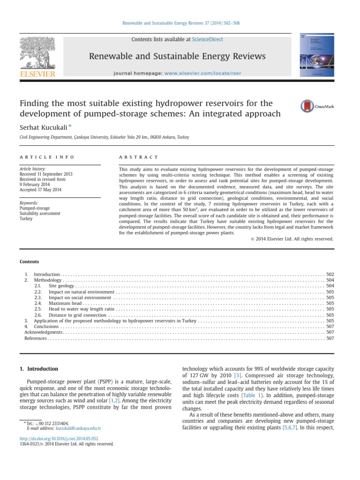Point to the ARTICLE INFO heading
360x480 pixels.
pyautogui.click(x=46, y=157)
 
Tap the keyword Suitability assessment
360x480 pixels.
pyautogui.click(x=40, y=213)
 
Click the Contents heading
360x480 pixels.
pyautogui.click(x=29, y=262)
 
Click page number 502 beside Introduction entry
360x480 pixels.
pyautogui.click(x=330, y=274)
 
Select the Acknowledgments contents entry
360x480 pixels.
pyautogui.click(x=44, y=332)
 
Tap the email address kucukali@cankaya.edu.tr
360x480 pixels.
pyautogui.click(x=78, y=428)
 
